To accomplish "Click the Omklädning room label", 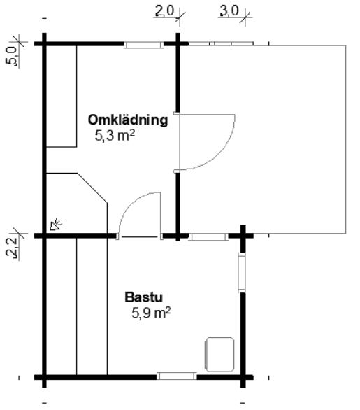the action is (x=128, y=120).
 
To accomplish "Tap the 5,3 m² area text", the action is (x=115, y=136).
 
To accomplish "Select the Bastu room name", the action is (x=144, y=297).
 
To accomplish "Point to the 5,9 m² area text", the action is (x=151, y=313).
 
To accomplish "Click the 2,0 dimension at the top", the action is (x=164, y=11).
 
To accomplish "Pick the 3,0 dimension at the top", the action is (x=230, y=11).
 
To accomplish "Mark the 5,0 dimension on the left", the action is (x=13, y=56).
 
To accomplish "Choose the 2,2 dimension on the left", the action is (x=13, y=246).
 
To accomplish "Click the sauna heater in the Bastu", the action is (x=219, y=354).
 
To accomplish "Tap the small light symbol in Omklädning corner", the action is (x=56, y=225).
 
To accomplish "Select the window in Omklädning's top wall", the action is (x=143, y=45).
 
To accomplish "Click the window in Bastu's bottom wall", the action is (x=177, y=376).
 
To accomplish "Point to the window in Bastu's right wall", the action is (x=242, y=273).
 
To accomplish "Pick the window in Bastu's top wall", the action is (x=208, y=237).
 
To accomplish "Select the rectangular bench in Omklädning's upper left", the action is (x=62, y=97).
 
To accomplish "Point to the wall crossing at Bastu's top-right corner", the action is (x=243, y=236).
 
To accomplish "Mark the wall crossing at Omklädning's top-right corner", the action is (x=178, y=43).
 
